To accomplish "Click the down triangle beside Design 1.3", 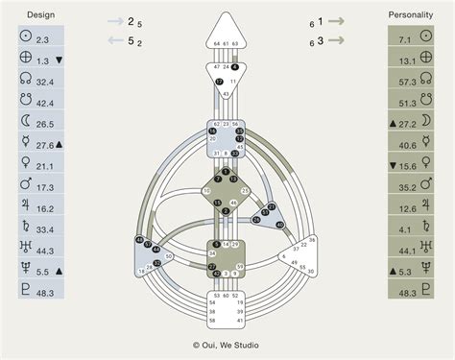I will point(60,60).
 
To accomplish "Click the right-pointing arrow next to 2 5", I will point(114,20).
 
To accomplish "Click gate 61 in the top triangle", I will point(227,44).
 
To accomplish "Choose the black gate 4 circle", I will point(235,68).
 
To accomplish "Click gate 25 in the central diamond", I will point(246,191).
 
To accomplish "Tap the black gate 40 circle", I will point(280,225).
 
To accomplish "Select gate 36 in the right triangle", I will point(309,240).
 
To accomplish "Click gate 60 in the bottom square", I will point(227,296).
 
